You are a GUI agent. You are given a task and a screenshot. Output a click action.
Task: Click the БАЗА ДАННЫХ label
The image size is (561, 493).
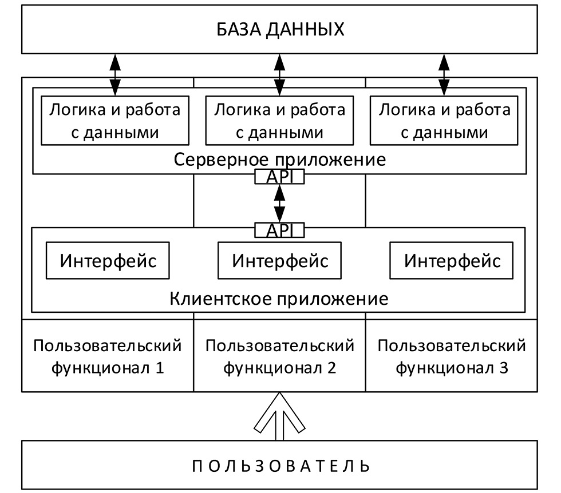pyautogui.click(x=280, y=29)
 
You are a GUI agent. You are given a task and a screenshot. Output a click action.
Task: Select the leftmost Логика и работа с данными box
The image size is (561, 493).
pyautogui.click(x=114, y=121)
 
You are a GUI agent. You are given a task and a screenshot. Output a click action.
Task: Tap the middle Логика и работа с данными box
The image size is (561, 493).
pyautogui.click(x=279, y=121)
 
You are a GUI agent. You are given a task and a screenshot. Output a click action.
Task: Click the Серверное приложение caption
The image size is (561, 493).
pyautogui.click(x=279, y=159)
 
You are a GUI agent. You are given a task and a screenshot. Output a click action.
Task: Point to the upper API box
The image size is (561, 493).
pyautogui.click(x=279, y=177)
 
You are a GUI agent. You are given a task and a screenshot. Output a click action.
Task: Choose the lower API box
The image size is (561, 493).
pyautogui.click(x=279, y=230)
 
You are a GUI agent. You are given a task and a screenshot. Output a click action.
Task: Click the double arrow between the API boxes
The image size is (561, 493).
pyautogui.click(x=279, y=203)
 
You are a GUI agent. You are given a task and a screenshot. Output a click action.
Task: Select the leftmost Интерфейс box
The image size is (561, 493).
pyautogui.click(x=108, y=261)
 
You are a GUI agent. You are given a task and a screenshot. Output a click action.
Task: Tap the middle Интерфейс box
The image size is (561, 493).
pyautogui.click(x=280, y=261)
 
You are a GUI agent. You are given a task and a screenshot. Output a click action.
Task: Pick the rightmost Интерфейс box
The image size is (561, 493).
pyautogui.click(x=452, y=261)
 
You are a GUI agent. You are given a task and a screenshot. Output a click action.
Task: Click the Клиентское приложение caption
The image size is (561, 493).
pyautogui.click(x=279, y=299)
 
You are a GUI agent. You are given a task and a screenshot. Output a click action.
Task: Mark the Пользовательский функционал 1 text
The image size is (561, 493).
pyautogui.click(x=108, y=356)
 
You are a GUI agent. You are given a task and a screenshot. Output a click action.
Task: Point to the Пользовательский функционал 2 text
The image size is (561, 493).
pyautogui.click(x=280, y=356)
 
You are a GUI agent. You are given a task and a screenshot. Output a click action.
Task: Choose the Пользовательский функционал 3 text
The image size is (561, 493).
pyautogui.click(x=452, y=356)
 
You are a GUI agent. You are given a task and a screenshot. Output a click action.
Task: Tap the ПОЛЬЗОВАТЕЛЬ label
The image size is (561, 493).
pyautogui.click(x=280, y=465)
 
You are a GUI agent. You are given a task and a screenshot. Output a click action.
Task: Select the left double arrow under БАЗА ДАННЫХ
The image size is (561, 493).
pyautogui.click(x=115, y=74)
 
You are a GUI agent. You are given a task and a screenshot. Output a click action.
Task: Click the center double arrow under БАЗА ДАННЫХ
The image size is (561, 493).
pyautogui.click(x=279, y=74)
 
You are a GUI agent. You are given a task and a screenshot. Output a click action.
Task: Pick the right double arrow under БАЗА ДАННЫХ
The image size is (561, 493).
pyautogui.click(x=444, y=74)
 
